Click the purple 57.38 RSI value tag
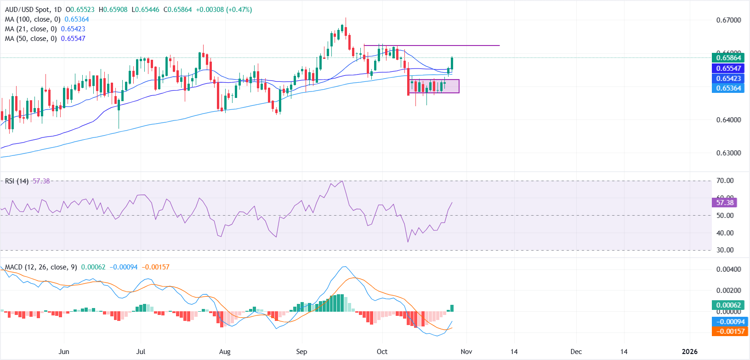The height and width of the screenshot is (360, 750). tap(724, 203)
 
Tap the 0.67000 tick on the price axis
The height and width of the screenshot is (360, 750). tap(728, 20)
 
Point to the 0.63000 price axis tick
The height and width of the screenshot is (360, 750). tap(728, 153)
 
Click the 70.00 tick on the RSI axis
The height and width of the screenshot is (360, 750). tap(725, 181)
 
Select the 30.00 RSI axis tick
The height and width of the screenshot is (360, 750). tap(725, 250)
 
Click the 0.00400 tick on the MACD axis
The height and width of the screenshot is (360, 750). tap(728, 269)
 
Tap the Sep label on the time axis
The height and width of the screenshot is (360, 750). tap(301, 352)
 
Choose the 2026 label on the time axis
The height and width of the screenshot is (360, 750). tap(689, 352)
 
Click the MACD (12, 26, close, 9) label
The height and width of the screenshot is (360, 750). tap(41, 267)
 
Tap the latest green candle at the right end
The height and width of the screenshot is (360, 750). tap(452, 63)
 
